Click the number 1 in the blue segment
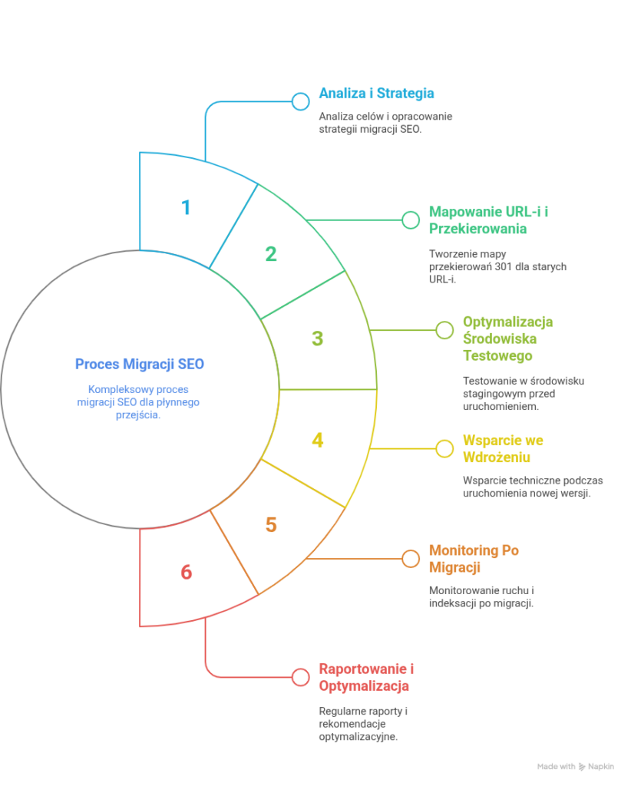[185, 208]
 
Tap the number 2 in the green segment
[270, 254]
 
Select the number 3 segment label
[318, 339]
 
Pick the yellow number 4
[318, 441]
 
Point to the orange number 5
[271, 525]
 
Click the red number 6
[186, 572]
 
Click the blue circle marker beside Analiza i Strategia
[301, 101]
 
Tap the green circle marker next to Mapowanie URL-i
[411, 220]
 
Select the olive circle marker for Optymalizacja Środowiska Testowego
[444, 330]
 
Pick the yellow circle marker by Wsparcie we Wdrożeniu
[444, 448]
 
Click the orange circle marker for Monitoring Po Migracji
[411, 559]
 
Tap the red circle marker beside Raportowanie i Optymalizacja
[301, 677]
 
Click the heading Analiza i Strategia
[376, 93]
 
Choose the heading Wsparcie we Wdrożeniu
[503, 449]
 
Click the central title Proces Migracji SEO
[140, 363]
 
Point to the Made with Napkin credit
[576, 766]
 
